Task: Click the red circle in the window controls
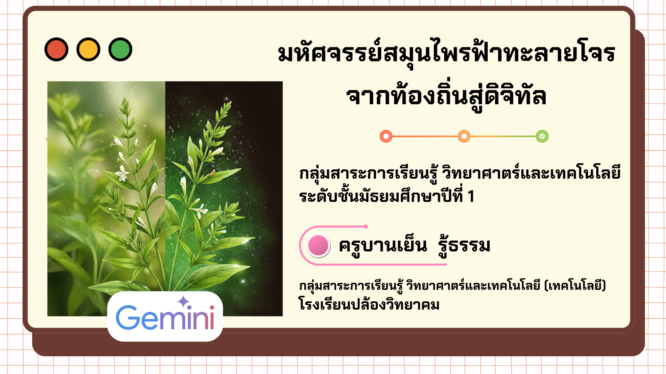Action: (x=56, y=50)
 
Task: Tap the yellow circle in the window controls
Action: (x=88, y=50)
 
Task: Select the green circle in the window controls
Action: (x=120, y=50)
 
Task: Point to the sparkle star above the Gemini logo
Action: (x=183, y=302)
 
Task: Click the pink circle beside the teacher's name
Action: (x=318, y=245)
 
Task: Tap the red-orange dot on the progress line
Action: (x=386, y=136)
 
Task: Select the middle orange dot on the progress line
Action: (x=464, y=136)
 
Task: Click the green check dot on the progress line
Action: (x=542, y=136)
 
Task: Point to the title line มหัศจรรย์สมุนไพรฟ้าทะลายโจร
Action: (x=447, y=53)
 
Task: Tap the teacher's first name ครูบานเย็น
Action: (x=383, y=246)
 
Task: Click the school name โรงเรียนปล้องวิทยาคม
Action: (x=369, y=304)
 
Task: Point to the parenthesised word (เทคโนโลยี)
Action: (x=575, y=286)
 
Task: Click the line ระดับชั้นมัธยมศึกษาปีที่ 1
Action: (x=387, y=195)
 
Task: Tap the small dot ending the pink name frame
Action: (x=366, y=226)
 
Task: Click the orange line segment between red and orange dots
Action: (x=425, y=136)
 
